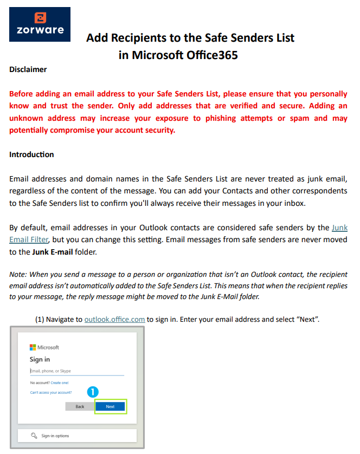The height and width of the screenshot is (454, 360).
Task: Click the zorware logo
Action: coord(40,24)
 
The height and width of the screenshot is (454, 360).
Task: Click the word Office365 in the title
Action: coord(209,55)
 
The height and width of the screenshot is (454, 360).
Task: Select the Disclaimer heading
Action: coord(28,69)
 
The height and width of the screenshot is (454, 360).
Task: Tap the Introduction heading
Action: coord(31,154)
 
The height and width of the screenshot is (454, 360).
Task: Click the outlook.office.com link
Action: coord(114,319)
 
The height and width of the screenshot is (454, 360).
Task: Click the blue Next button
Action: coord(110,406)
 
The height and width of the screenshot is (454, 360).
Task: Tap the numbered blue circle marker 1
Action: coord(92,391)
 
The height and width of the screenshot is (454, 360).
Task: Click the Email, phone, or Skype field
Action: coord(76,371)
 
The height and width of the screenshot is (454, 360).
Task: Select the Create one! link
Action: coord(60,382)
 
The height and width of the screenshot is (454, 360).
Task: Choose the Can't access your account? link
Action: coord(51,392)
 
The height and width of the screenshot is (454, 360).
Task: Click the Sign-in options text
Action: coord(55,436)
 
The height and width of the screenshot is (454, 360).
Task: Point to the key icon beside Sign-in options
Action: coord(34,436)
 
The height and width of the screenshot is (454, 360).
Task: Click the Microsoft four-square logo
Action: coord(33,347)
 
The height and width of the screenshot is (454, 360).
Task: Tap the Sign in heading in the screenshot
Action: coord(40,359)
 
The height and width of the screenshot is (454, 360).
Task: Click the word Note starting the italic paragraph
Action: coord(17,275)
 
